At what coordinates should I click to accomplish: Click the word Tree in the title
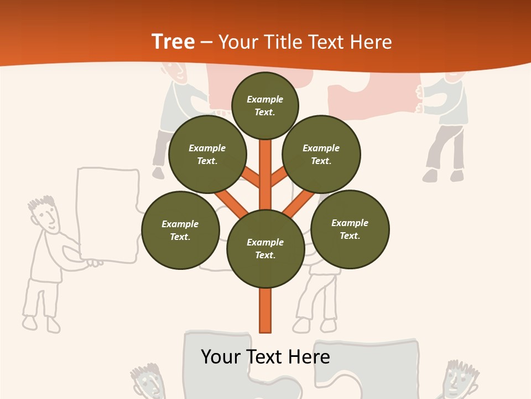pos(173,42)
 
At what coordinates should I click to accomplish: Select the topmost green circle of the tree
pos(265,105)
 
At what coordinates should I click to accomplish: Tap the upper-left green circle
pos(207,154)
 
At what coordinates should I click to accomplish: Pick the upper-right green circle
pos(321,154)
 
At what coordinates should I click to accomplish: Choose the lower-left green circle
pos(180,230)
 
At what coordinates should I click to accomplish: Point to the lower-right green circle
pos(350,229)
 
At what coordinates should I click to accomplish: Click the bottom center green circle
pos(265,248)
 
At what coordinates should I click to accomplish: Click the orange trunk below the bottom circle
pos(265,310)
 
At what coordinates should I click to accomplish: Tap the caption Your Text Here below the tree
pos(265,356)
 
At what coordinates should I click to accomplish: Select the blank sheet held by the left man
pos(108,213)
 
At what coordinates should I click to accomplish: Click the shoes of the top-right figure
pos(442,176)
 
